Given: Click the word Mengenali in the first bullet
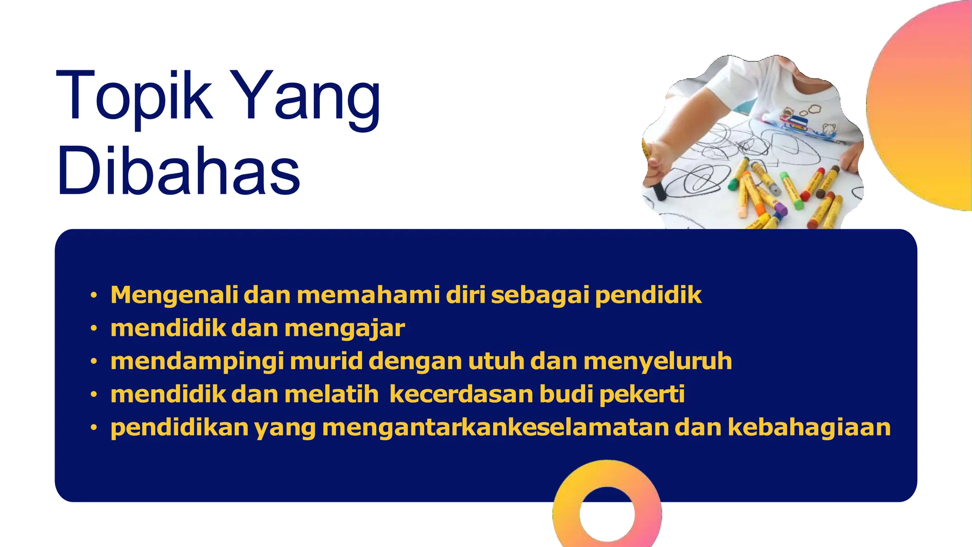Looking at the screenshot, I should (x=174, y=295).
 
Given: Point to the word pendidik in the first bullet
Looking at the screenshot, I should (x=648, y=295).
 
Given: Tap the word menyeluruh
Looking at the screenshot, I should (x=658, y=361).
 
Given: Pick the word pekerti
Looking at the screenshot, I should (x=642, y=395).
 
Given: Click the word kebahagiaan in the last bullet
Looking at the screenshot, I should (x=809, y=427).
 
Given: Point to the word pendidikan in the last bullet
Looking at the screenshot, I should (x=179, y=427).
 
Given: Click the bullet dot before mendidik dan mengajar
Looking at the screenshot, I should (x=94, y=329).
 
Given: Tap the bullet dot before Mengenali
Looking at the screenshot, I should (x=94, y=295).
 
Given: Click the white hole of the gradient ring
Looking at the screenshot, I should (x=607, y=514).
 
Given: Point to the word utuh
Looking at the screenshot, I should (x=496, y=361).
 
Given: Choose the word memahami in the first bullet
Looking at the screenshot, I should (x=368, y=295).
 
